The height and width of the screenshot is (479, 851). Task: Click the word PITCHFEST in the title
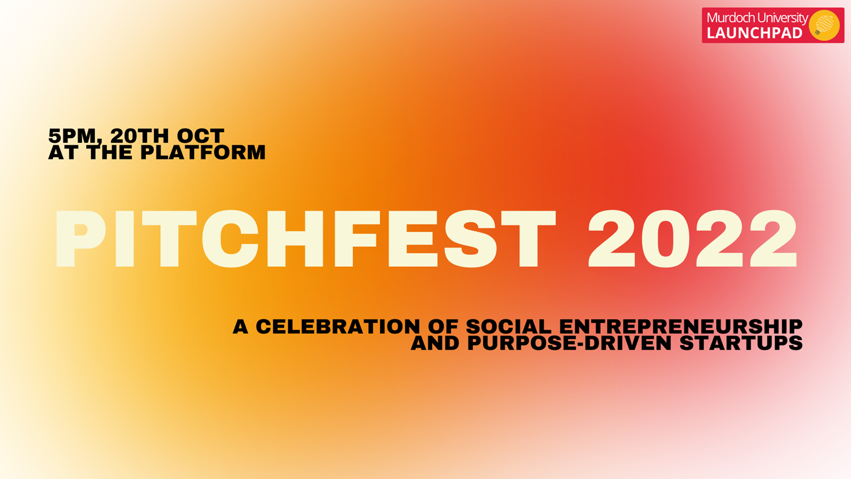[306, 239]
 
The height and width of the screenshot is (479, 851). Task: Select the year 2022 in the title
[692, 239]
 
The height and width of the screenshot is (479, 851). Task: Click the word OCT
[201, 136]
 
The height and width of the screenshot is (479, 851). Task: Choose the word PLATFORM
[203, 153]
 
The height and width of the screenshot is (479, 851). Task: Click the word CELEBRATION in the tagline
[338, 326]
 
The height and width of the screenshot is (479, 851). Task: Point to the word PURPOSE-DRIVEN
[570, 343]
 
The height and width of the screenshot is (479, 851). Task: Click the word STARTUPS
[741, 343]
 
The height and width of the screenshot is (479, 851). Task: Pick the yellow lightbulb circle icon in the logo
[824, 25]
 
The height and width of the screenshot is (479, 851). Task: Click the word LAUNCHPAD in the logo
[755, 33]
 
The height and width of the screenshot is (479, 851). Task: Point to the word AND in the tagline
[435, 343]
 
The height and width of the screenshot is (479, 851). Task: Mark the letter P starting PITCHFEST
[80, 239]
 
